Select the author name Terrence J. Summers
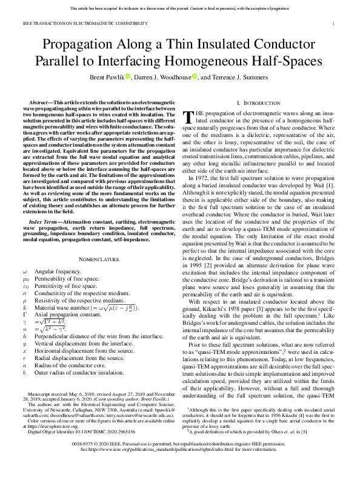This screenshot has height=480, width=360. [239, 77]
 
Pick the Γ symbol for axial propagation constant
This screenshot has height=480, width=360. [24, 333]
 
